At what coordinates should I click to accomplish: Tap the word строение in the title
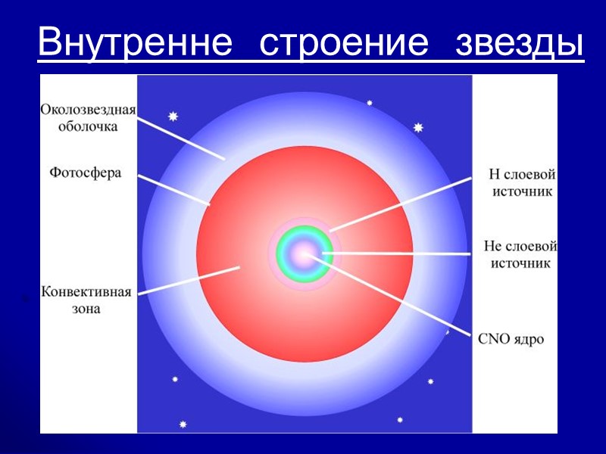click(x=343, y=43)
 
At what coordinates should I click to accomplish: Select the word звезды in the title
click(x=520, y=43)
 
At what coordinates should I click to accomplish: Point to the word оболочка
click(x=89, y=126)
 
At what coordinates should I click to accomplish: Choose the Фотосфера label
click(x=86, y=172)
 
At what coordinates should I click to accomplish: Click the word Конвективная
click(x=86, y=293)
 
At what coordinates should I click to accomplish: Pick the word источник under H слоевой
click(x=523, y=191)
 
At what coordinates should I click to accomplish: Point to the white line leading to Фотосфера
click(x=173, y=188)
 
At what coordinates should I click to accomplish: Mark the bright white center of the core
click(x=304, y=253)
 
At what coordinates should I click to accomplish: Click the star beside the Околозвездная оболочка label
click(x=173, y=117)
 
